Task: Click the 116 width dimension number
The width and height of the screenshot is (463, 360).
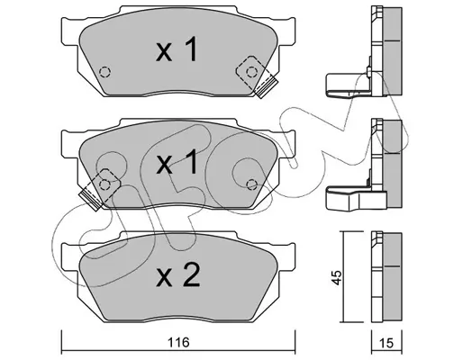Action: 178,342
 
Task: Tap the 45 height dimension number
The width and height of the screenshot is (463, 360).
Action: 337,277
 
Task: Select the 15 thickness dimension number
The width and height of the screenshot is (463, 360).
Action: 386,343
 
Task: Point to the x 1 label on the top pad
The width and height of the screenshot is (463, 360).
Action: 177,49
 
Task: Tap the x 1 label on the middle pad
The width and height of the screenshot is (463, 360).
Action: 177,162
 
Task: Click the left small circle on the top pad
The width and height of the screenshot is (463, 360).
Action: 104,72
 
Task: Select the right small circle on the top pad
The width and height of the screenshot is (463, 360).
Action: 251,72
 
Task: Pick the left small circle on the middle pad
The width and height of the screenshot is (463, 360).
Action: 104,184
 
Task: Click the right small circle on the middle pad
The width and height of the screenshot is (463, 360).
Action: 251,184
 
